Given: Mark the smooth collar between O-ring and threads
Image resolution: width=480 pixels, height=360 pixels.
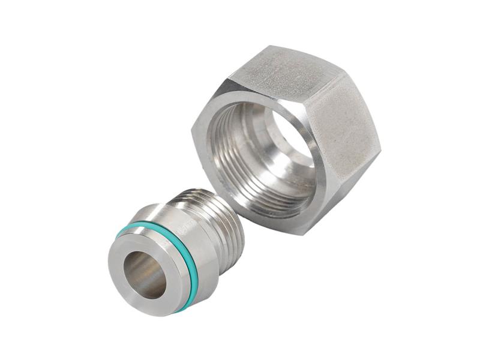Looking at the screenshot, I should click(180, 240).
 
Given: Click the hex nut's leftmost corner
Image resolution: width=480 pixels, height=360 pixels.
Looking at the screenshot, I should click(193, 129).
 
